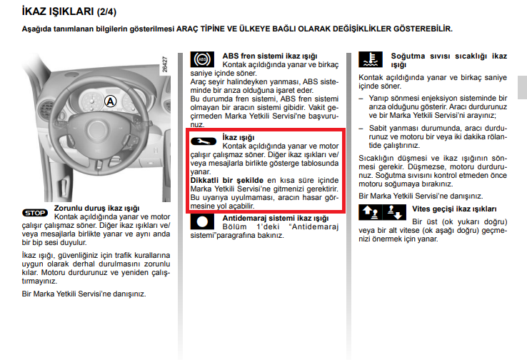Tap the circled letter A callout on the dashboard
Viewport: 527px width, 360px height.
[x=109, y=101]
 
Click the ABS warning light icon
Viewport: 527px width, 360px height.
[x=202, y=60]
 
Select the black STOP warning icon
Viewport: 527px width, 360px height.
[x=35, y=212]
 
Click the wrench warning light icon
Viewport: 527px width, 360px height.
[x=203, y=141]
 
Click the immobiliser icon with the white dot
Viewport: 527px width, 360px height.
[x=203, y=222]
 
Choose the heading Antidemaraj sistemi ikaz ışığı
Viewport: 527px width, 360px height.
[x=275, y=218]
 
